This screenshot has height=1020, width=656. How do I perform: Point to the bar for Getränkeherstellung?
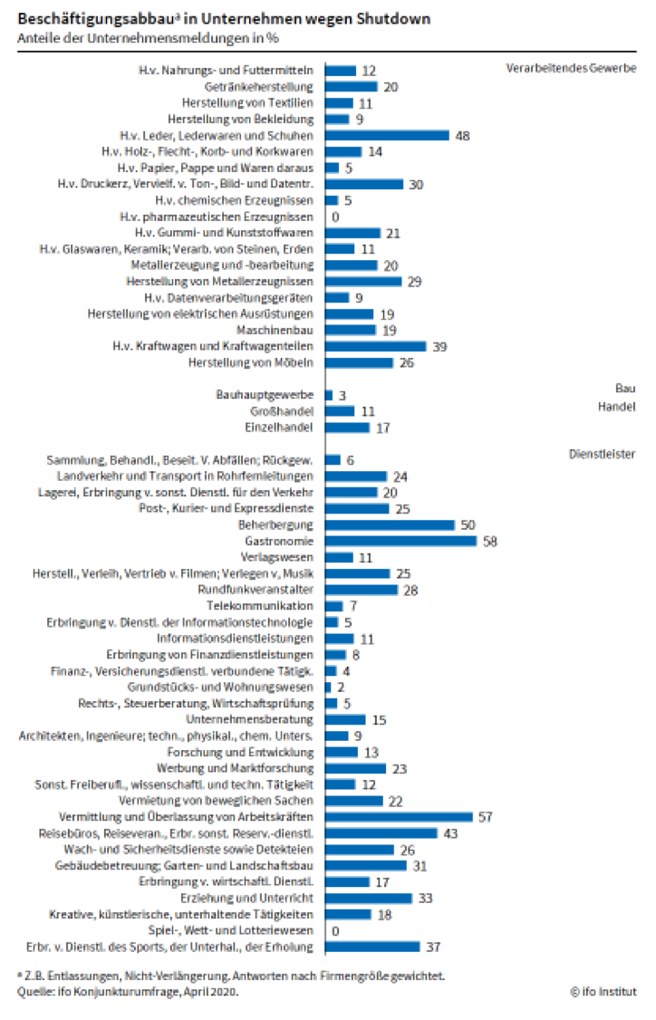tap(351, 86)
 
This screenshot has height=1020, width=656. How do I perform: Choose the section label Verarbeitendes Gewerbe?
tap(571, 69)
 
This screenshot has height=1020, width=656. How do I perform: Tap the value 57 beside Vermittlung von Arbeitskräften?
tap(485, 817)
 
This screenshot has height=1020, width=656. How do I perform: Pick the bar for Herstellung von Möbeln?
tap(359, 362)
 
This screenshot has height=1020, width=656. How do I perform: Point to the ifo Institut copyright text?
tap(603, 991)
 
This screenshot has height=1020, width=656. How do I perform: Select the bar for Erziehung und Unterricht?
tap(368, 898)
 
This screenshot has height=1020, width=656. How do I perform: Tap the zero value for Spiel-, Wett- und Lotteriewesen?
tap(336, 930)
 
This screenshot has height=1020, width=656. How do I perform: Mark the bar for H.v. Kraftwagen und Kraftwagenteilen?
tap(375, 346)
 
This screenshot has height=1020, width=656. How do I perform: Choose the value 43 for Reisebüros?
tap(450, 833)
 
